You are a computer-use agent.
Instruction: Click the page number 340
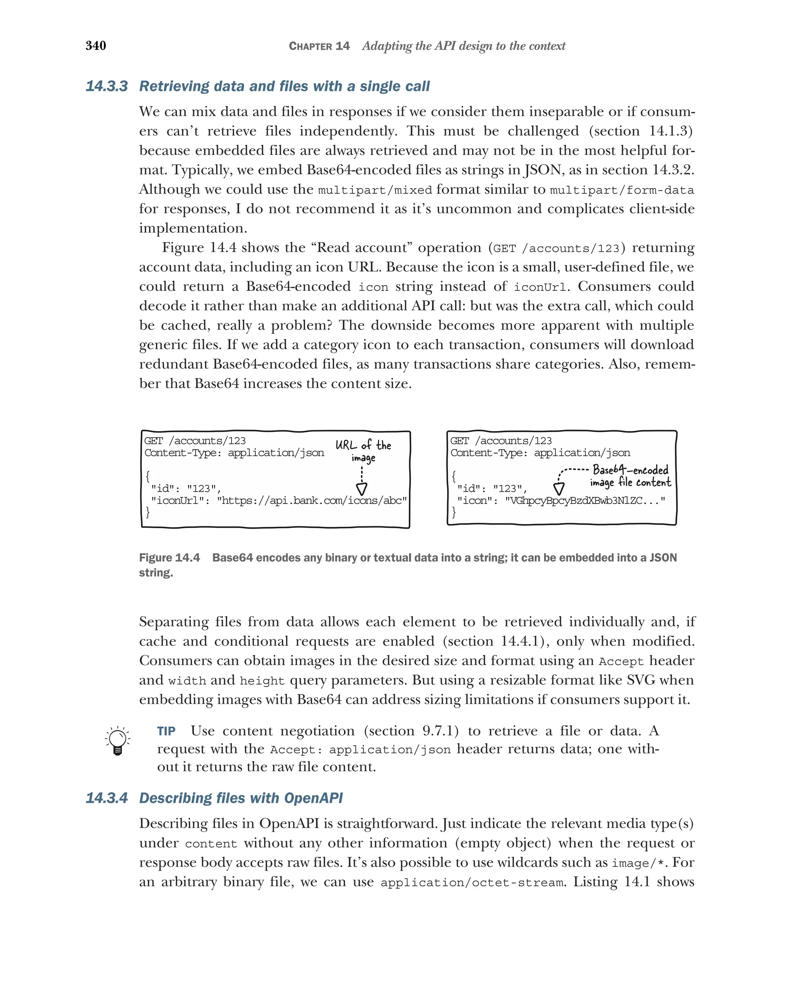[96, 45]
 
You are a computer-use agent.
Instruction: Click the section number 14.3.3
[106, 86]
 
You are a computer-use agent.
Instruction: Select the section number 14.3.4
[106, 798]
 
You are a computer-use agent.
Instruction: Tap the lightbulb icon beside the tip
[118, 740]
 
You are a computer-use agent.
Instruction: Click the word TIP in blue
[166, 731]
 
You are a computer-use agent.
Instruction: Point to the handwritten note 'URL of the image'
[363, 450]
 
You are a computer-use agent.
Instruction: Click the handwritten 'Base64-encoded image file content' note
[630, 476]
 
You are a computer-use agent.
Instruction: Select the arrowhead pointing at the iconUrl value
[362, 489]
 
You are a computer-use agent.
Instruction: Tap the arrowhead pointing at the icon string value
[559, 489]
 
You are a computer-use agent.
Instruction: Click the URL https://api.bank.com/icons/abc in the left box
[312, 501]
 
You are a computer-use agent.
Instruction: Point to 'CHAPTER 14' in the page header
[319, 46]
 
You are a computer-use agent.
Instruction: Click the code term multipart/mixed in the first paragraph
[375, 190]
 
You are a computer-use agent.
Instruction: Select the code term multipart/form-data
[622, 190]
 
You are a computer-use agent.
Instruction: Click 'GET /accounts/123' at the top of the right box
[501, 441]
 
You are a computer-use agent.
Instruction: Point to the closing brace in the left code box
[148, 512]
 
